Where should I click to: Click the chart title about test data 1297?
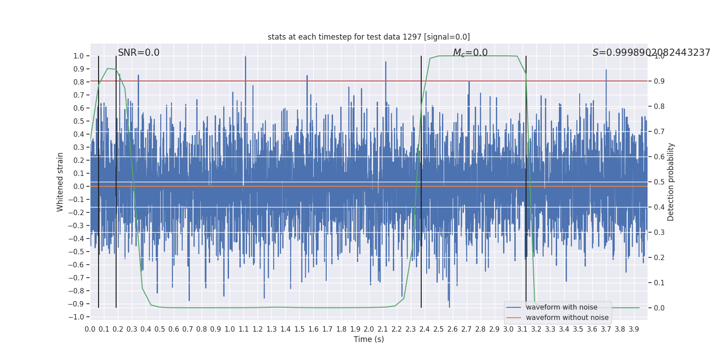pos(369,37)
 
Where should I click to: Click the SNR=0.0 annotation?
pos(139,53)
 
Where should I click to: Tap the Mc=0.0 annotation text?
pos(470,53)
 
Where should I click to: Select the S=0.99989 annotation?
pos(651,53)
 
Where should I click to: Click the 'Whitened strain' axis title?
pos(60,182)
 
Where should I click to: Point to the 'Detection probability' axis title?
pos(671,182)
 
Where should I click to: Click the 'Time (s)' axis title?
pos(369,339)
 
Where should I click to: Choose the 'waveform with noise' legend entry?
pos(562,307)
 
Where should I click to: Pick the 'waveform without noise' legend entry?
pos(567,318)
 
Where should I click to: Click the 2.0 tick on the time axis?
pos(369,329)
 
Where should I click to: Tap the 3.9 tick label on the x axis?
pos(634,329)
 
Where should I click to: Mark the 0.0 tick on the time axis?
pos(90,329)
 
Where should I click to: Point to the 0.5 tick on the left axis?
pos(79,121)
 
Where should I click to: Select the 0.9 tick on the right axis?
pos(659,81)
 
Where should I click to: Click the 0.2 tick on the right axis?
pos(659,257)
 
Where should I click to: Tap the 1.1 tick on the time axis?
pos(243,329)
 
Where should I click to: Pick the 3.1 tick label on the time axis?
pos(522,329)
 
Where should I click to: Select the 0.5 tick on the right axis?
pos(659,182)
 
